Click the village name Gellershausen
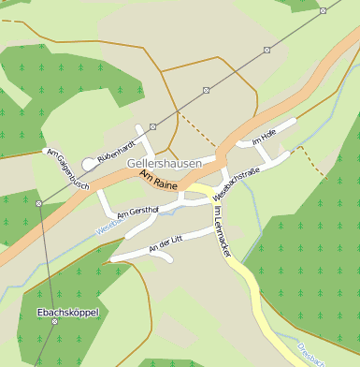163,163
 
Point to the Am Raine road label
158,180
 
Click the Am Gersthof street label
137,212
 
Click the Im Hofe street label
264,137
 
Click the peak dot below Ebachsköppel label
54,322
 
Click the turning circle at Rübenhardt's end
88,164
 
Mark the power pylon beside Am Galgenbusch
38,203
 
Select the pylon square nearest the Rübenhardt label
152,125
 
